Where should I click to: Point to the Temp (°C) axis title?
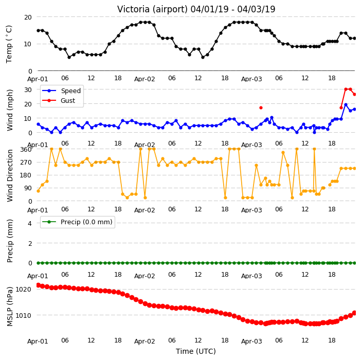[9, 44]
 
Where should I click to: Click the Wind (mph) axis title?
[10, 110]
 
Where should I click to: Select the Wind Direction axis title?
[10, 175]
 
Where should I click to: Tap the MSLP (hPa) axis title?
[10, 307]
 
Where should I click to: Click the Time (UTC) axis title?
[196, 351]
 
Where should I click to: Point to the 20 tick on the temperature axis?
[28, 17]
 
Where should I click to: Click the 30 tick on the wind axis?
[28, 89]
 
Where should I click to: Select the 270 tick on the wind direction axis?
[26, 163]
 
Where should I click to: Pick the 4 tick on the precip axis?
[30, 223]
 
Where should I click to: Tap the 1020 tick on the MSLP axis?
[24, 290]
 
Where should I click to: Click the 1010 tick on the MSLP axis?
[24, 315]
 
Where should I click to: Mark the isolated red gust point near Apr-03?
[261, 108]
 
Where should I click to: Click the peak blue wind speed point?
[346, 105]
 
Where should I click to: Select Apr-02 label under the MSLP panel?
[144, 341]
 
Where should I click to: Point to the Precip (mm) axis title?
[10, 241]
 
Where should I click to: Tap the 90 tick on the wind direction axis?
[28, 188]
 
